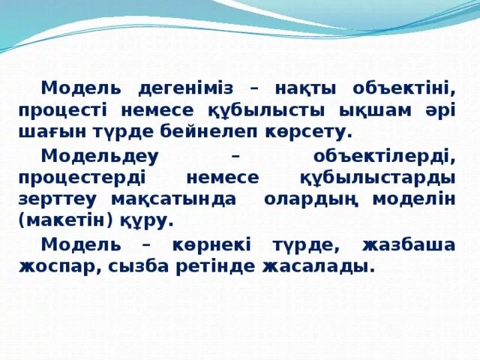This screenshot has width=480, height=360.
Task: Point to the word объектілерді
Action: pyautogui.click(x=382, y=156)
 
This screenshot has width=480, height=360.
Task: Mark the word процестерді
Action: pyautogui.click(x=85, y=178)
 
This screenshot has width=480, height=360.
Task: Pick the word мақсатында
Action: pyautogui.click(x=172, y=199)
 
